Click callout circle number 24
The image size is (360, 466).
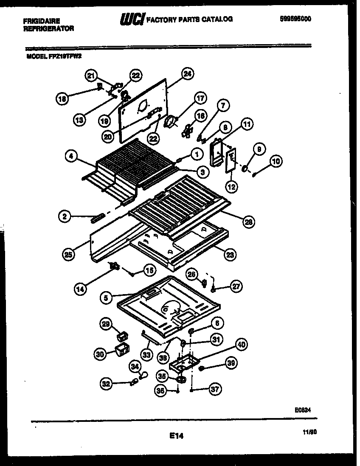tap(187, 74)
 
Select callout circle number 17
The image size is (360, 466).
tap(200, 98)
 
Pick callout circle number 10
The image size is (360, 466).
tap(276, 161)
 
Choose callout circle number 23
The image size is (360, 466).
tap(230, 255)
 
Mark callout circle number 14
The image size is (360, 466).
tap(80, 289)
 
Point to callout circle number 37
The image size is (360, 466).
tap(216, 389)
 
